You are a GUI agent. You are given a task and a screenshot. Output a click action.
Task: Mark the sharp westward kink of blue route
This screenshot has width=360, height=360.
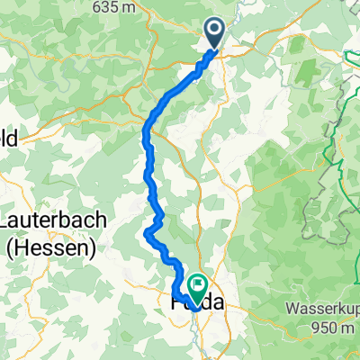point(146,233)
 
